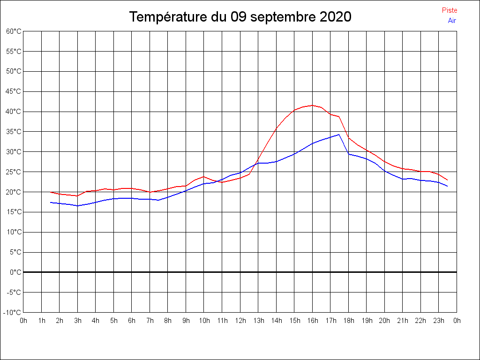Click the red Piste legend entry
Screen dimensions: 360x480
coord(449,10)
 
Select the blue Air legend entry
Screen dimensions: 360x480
coord(452,21)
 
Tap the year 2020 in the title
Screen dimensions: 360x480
coord(335,17)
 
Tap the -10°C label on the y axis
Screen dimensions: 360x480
coord(13,312)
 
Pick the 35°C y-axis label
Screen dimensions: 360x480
coord(14,132)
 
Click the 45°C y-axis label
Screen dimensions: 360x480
coord(14,91)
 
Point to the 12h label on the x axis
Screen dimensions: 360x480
coord(240,321)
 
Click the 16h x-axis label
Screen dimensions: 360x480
coord(313,321)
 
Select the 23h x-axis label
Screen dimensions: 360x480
coord(439,321)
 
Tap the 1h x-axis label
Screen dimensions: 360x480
coord(42,321)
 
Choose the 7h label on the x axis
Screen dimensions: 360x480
coord(150,321)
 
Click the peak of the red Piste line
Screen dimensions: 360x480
coord(313,105)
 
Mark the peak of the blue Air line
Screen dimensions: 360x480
coord(338,135)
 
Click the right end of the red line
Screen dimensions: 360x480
coord(448,180)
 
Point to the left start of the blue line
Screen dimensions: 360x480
coord(51,202)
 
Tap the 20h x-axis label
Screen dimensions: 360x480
coord(385,321)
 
